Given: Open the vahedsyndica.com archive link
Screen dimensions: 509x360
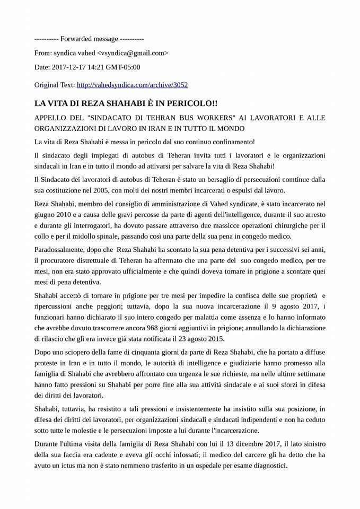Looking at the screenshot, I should [x=132, y=84].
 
